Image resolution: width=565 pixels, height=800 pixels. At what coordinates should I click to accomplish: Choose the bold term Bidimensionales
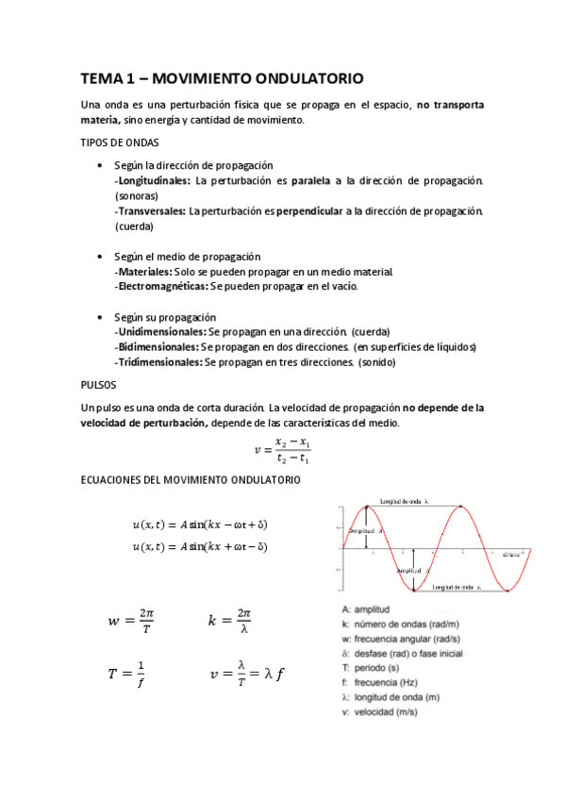(158, 346)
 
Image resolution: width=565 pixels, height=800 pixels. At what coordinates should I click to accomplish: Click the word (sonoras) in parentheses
(137, 195)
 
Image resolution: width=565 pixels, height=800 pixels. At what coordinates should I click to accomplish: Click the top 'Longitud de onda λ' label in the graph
(405, 501)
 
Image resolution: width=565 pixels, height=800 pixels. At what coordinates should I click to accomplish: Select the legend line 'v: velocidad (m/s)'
(387, 712)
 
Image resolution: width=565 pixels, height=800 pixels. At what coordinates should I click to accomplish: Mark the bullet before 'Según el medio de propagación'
(100, 256)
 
